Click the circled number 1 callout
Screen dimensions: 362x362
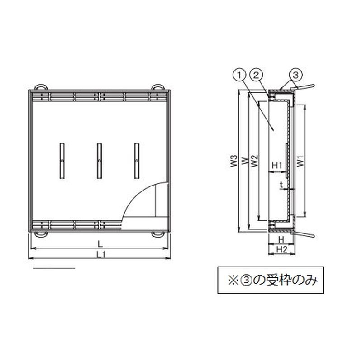click(240, 75)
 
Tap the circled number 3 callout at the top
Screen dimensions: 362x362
click(295, 75)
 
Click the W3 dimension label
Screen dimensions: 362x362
click(234, 161)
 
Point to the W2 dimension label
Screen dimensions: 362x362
click(254, 161)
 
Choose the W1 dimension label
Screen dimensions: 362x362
click(300, 161)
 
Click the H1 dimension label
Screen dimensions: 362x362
click(277, 165)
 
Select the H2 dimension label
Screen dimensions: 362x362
click(281, 249)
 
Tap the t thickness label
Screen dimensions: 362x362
click(281, 185)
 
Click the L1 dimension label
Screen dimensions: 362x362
click(101, 254)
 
